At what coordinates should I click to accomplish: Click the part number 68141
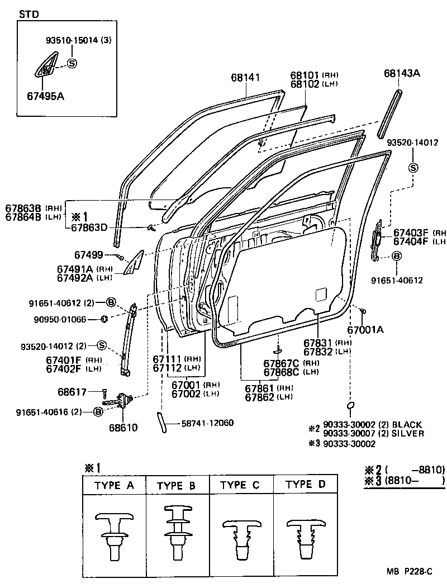[246, 78]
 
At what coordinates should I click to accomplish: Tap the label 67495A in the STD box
[45, 96]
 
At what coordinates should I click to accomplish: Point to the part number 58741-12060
[207, 423]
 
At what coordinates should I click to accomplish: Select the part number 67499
[88, 255]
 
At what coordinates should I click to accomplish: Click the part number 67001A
[365, 330]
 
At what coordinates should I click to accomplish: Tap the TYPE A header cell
[114, 485]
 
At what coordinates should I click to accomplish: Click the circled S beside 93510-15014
[72, 63]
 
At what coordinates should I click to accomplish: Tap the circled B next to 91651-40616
[97, 412]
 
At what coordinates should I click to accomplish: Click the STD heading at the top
[29, 15]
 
